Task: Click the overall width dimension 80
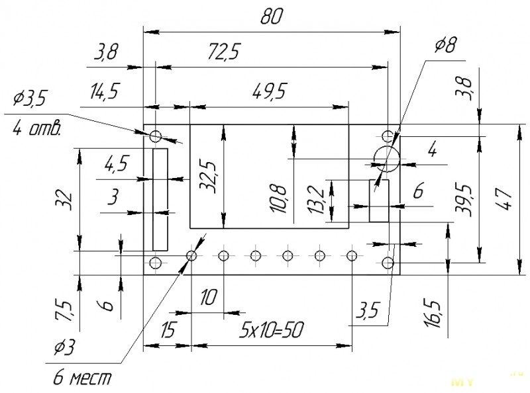click(x=271, y=17)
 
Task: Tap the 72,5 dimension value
click(x=223, y=52)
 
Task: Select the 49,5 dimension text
click(x=270, y=91)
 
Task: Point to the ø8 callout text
click(x=446, y=45)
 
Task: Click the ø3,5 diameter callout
click(x=29, y=99)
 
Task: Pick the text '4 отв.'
click(x=37, y=128)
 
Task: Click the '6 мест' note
click(x=82, y=378)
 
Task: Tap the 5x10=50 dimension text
click(x=271, y=330)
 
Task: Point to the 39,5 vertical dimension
click(x=463, y=198)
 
